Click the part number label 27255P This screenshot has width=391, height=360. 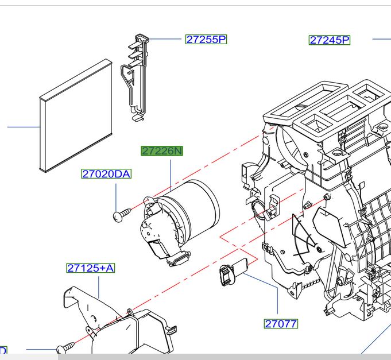pos(206,40)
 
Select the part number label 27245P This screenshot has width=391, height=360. pos(330,40)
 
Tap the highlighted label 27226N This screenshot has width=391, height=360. pos(162,151)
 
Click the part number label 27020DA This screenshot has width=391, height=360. pos(106,173)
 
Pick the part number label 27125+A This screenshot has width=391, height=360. pos(91,268)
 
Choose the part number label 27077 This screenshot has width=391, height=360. pos(281,324)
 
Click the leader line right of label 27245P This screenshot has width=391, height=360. pos(381,39)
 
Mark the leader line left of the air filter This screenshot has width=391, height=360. pos(23,126)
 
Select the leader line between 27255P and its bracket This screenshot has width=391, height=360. pos(166,39)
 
